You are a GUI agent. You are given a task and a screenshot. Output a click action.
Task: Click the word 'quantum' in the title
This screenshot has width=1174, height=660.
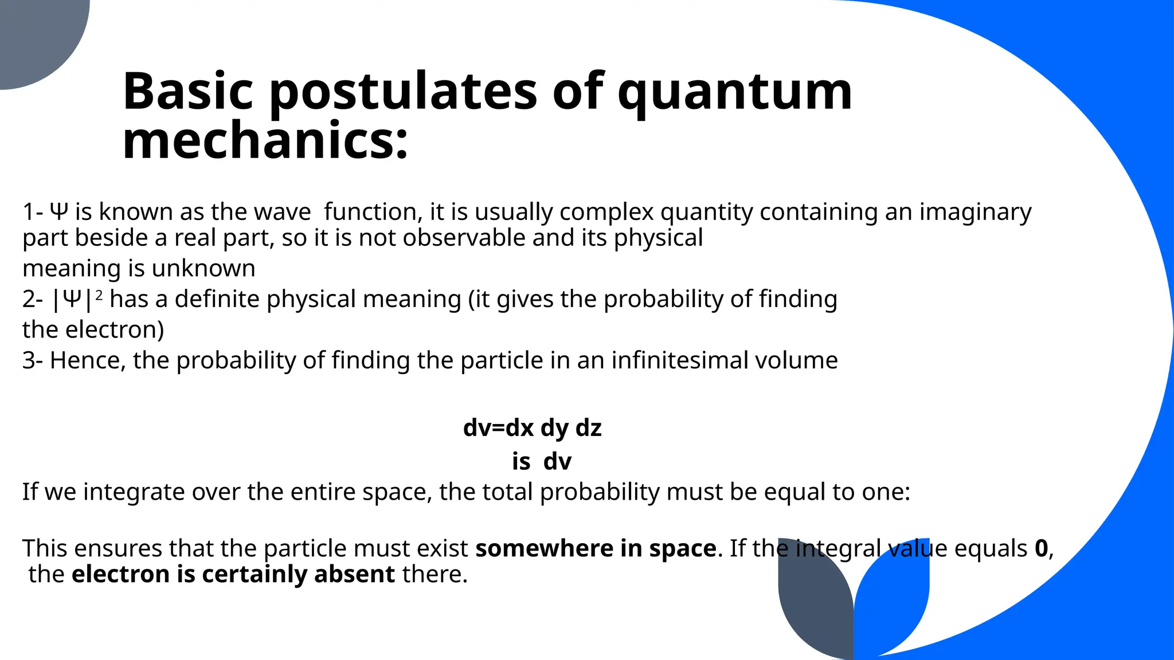(734, 92)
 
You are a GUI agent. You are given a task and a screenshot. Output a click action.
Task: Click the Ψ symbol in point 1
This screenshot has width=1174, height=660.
(59, 212)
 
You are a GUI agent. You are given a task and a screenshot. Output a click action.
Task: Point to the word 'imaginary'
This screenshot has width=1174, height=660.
(975, 212)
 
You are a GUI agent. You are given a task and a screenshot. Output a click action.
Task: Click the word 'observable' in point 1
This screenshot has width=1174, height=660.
(464, 238)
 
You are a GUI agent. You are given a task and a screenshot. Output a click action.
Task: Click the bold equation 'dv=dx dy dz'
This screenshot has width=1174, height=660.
(532, 428)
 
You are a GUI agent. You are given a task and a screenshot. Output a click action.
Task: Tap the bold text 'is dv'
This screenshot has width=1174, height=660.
(542, 461)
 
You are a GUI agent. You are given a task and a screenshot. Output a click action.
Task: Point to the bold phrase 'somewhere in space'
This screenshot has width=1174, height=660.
(596, 548)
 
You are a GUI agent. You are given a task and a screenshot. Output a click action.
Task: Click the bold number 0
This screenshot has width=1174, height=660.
(1041, 548)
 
